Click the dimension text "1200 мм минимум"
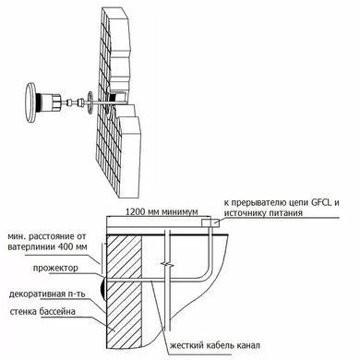pyautogui.click(x=162, y=211)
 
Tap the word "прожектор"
pyautogui.click(x=55, y=268)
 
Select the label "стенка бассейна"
pyautogui.click(x=42, y=311)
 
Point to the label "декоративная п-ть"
pyautogui.click(x=47, y=294)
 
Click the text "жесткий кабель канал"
pyautogui.click(x=215, y=345)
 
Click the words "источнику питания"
pyautogui.click(x=263, y=213)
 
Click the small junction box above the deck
pyautogui.click(x=210, y=222)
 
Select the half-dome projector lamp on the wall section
pyautogui.click(x=102, y=288)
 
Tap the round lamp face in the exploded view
pyautogui.click(x=30, y=102)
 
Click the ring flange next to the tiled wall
pyautogui.click(x=90, y=102)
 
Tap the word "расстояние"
pyautogui.click(x=53, y=237)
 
